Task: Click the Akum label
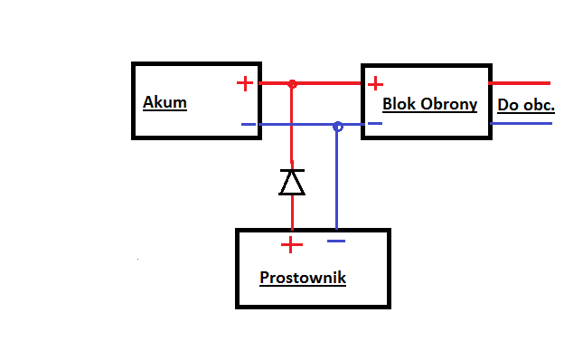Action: pos(164,102)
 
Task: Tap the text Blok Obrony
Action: pos(430,104)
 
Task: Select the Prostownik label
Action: pos(303,278)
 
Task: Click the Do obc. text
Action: pos(526,105)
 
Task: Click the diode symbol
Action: pos(292,182)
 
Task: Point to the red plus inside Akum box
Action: pos(245,83)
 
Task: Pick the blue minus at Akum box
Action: pos(249,125)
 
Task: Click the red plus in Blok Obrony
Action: pos(375,84)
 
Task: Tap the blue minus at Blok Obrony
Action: pos(375,124)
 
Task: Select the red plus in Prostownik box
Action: pos(291,245)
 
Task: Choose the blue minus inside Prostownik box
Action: pos(336,242)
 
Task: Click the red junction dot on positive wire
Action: pos(293,84)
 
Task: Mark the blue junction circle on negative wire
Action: pos(338,127)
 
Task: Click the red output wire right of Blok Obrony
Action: pos(520,83)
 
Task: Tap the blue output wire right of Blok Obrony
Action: pos(522,124)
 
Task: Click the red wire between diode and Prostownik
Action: pos(292,212)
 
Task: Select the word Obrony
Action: pos(449,104)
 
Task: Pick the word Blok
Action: pos(399,104)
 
